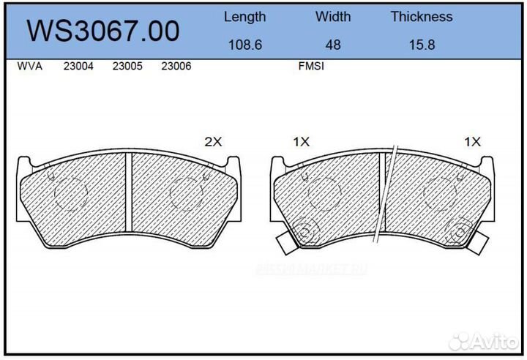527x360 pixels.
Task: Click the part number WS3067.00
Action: click(102, 31)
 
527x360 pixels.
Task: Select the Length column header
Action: click(244, 16)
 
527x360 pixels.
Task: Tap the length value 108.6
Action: click(244, 44)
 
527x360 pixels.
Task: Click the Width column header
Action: click(333, 16)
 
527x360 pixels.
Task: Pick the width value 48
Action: click(333, 44)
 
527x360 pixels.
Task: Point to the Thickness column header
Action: click(421, 16)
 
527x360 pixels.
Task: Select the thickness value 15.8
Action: click(421, 44)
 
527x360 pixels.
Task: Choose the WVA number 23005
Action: click(127, 66)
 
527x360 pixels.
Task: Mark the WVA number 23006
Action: click(176, 66)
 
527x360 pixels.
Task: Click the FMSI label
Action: click(311, 66)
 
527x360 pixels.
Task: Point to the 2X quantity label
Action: click(212, 143)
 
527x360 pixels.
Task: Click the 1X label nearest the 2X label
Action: click(302, 143)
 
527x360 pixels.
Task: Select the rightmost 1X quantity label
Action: click(471, 143)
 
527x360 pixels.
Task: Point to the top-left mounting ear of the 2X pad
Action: click(23, 162)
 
